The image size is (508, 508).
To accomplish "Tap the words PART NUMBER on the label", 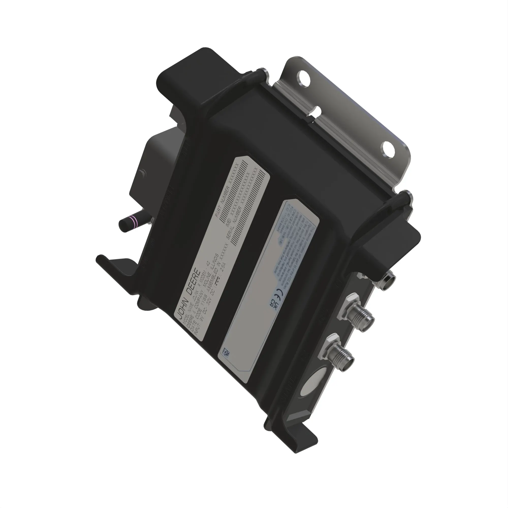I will tap(222, 202).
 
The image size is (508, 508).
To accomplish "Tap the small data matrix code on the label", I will tap(226, 352).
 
